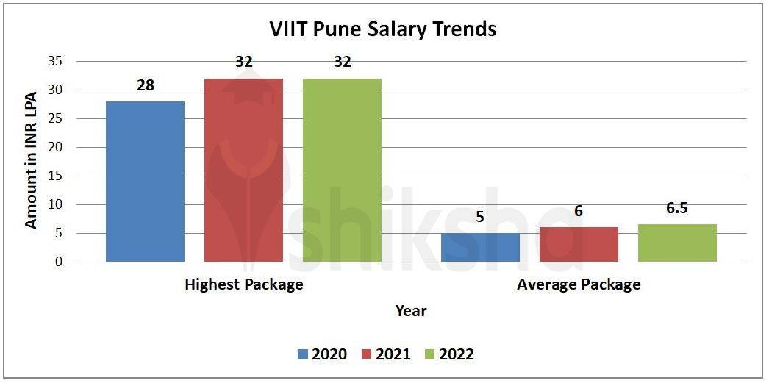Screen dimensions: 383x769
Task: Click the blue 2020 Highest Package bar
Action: tap(145, 182)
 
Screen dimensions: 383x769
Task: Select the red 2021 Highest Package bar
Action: tap(243, 170)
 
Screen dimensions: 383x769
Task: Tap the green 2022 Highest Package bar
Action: tap(342, 170)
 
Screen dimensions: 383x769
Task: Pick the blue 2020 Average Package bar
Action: tap(480, 248)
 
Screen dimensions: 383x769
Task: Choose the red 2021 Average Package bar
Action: tap(579, 245)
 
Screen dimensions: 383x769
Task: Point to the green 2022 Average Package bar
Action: tap(677, 243)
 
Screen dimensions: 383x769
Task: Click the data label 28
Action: tap(146, 85)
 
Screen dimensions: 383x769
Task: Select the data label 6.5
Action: tap(677, 208)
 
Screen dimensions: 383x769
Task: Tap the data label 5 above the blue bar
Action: tap(480, 217)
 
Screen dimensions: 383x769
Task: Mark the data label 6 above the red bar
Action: tap(579, 211)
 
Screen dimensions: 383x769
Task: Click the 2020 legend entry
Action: tap(322, 354)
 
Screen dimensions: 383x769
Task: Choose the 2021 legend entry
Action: tap(386, 354)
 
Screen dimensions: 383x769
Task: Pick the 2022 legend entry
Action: tap(449, 354)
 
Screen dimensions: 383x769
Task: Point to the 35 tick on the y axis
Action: tap(56, 61)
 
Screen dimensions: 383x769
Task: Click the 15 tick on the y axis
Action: tap(56, 176)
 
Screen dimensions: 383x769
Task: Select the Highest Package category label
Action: tap(244, 284)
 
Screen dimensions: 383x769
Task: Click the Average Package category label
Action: tap(579, 284)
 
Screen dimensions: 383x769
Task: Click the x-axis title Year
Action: tap(411, 311)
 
